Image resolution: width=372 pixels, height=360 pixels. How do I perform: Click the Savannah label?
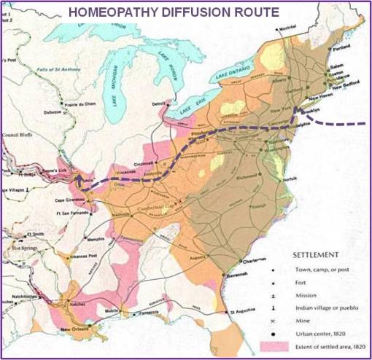pos(228,273)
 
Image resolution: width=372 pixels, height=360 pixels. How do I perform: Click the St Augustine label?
pos(243,313)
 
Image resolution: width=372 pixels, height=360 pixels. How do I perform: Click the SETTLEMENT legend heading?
pos(314,255)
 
